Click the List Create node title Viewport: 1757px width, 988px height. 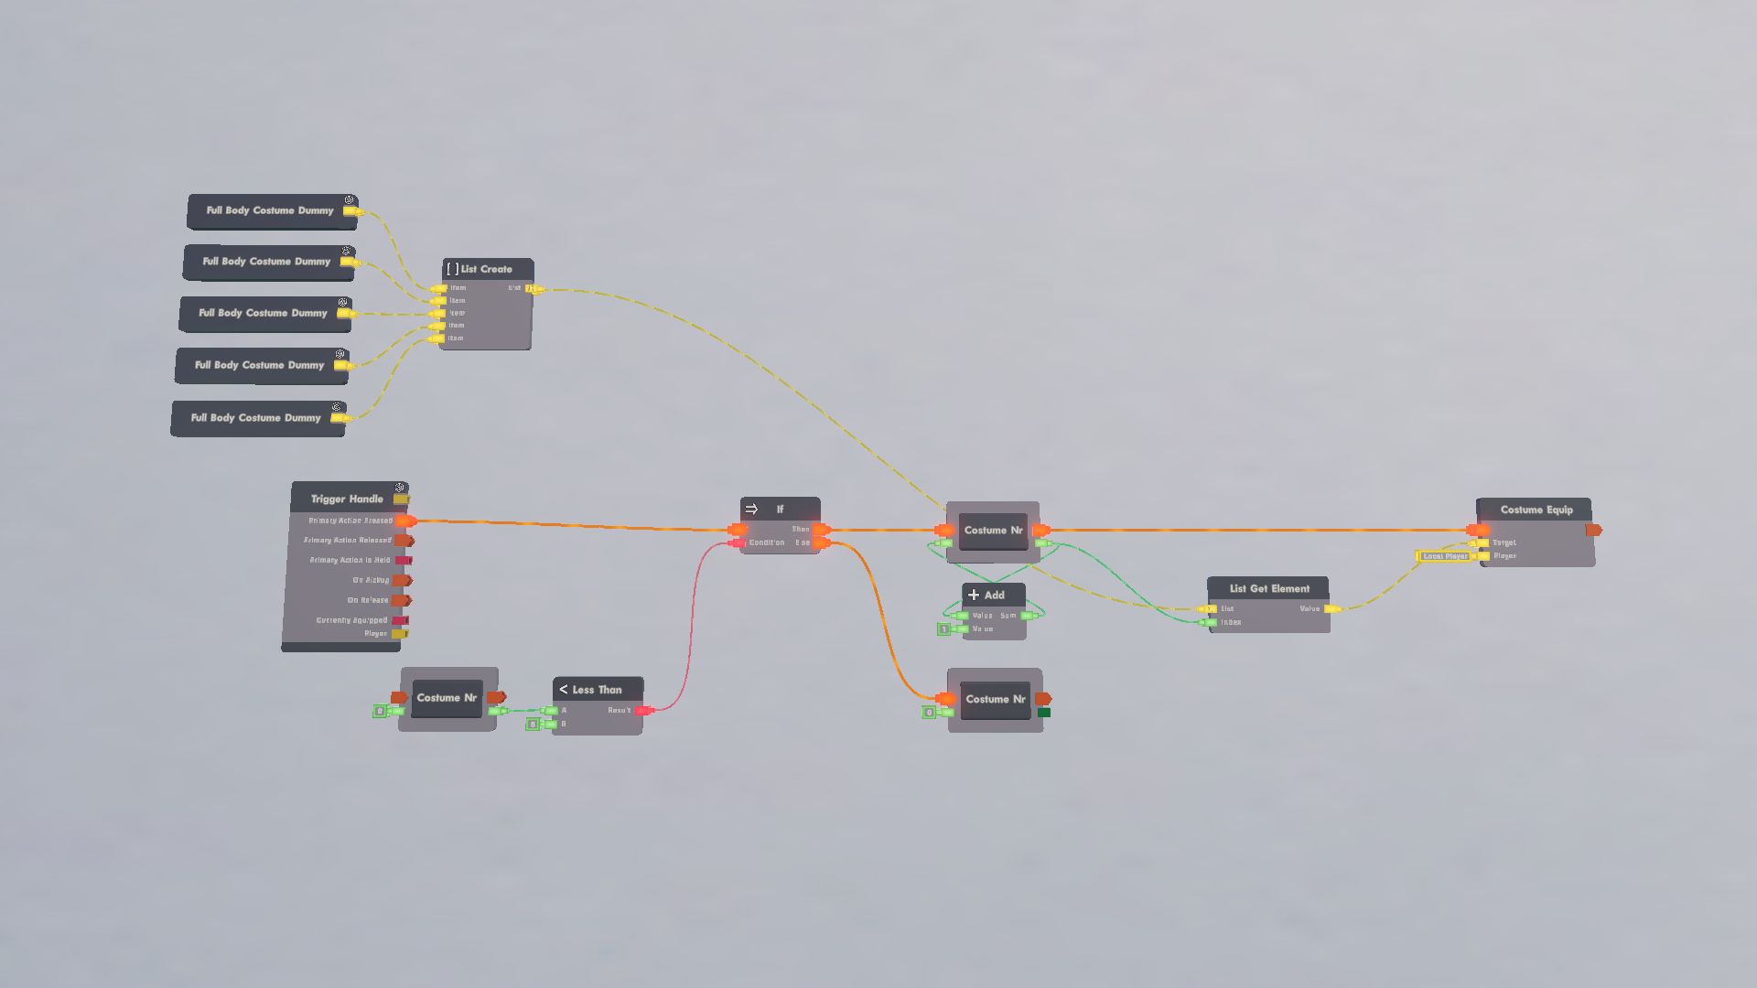click(486, 269)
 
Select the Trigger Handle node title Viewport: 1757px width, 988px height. click(347, 499)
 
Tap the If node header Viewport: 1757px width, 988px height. click(780, 509)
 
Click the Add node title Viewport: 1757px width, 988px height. click(994, 595)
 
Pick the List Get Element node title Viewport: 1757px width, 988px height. click(1269, 588)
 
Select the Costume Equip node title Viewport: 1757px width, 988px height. click(1536, 510)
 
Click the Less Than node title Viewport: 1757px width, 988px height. click(597, 690)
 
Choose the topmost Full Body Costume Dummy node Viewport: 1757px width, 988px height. click(270, 210)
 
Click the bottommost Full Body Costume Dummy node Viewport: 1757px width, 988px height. click(256, 418)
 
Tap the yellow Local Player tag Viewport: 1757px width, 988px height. click(1444, 556)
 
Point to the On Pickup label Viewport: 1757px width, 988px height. click(371, 580)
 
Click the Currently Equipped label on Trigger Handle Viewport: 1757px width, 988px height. click(351, 620)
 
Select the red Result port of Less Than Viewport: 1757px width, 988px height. click(644, 711)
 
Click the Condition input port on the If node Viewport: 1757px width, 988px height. click(738, 543)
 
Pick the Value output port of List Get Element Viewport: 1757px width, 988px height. click(1332, 609)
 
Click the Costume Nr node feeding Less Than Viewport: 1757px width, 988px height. click(447, 698)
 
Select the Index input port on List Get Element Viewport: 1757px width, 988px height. click(1210, 623)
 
